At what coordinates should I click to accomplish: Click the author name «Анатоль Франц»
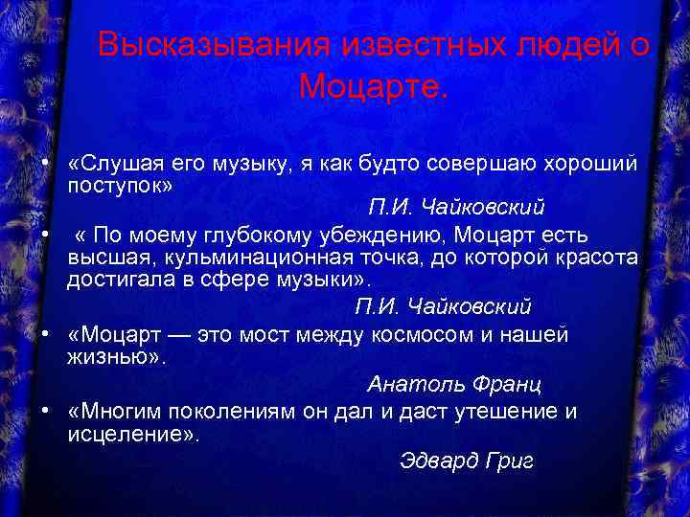coord(454,385)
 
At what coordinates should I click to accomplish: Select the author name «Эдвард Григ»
coord(466,461)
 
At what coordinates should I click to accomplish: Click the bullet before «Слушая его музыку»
coord(46,164)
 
